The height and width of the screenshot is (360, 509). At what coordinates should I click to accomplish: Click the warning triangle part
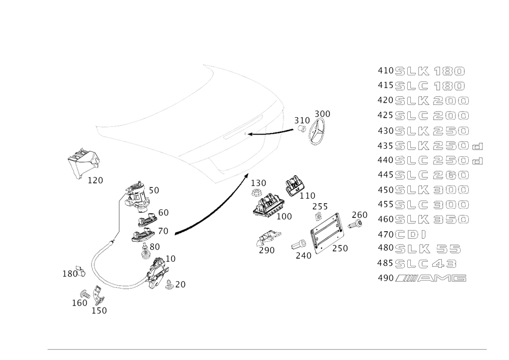[x=83, y=162]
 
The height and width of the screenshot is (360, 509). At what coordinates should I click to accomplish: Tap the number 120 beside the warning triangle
[x=95, y=180]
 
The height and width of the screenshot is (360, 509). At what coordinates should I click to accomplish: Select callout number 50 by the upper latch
[x=154, y=190]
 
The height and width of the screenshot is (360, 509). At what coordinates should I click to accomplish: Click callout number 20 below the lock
[x=180, y=284]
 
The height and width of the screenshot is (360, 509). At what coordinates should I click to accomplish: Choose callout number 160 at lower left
[x=79, y=303]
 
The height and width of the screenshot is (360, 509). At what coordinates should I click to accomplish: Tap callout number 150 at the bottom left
[x=99, y=310]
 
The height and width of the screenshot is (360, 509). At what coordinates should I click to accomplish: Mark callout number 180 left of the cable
[x=72, y=274]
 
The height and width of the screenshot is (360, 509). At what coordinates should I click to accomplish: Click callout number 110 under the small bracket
[x=307, y=195]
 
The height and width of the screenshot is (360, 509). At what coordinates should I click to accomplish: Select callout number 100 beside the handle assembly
[x=284, y=216]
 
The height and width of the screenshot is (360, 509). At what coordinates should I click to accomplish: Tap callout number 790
[x=266, y=251]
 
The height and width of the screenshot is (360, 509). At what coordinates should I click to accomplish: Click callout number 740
[x=303, y=256]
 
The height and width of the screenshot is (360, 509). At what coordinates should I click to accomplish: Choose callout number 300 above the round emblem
[x=322, y=114]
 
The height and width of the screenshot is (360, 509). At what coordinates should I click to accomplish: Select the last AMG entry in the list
[x=421, y=278]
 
